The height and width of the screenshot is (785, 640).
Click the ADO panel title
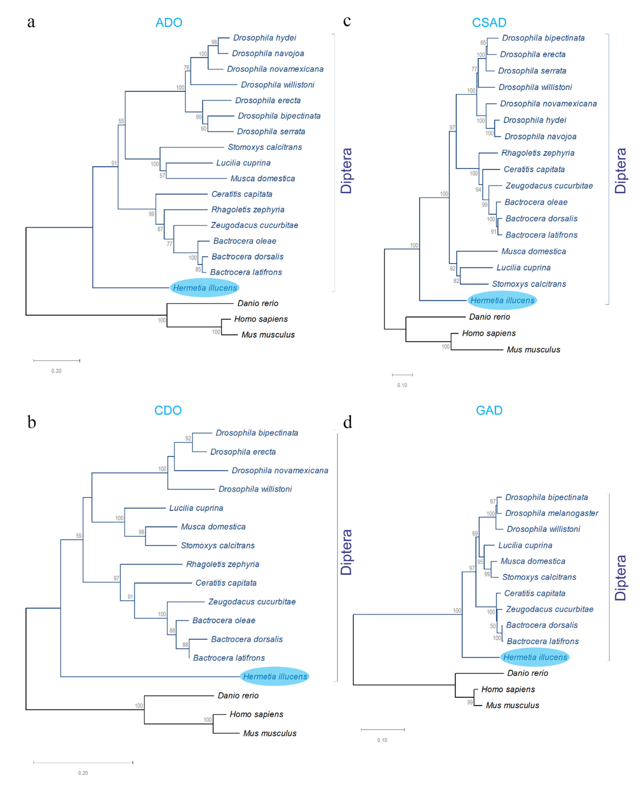pos(169,22)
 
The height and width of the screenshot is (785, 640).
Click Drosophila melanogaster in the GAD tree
pos(552,513)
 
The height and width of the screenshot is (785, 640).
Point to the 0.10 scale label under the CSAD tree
pos(402,385)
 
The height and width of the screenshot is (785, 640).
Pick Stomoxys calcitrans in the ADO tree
pos(265,147)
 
